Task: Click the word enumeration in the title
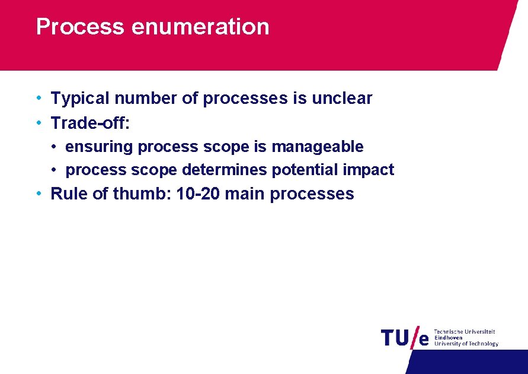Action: (x=200, y=27)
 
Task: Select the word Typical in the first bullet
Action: (x=81, y=99)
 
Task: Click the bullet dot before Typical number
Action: (x=38, y=98)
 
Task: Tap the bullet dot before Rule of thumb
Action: (x=38, y=194)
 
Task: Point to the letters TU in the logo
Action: (x=395, y=337)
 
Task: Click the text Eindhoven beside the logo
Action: (x=449, y=338)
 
